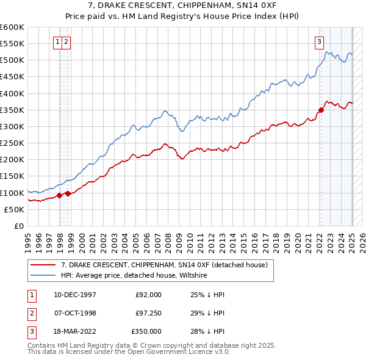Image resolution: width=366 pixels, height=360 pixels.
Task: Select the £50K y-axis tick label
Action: click(14, 209)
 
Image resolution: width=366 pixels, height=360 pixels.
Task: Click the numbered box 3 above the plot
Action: click(319, 42)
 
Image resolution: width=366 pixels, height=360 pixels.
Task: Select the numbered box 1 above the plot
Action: click(57, 42)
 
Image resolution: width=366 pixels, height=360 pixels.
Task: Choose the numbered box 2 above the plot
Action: click(66, 42)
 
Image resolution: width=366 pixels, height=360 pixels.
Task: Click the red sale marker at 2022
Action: click(321, 110)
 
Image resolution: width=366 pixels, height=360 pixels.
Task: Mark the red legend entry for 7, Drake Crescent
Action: click(159, 265)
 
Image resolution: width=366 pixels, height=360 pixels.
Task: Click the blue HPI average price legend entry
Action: click(134, 276)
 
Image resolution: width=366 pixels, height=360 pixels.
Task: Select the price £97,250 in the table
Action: click(148, 313)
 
